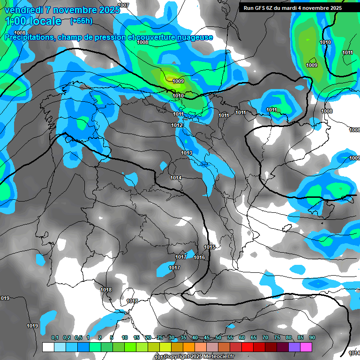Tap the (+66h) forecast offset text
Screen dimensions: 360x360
click(81, 21)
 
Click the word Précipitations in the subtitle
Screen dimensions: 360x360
click(29, 37)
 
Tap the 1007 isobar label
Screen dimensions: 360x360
click(123, 5)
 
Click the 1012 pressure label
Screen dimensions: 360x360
click(177, 125)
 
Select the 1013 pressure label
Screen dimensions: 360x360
click(187, 153)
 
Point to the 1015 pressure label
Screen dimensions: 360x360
click(210, 247)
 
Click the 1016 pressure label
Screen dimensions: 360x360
click(199, 257)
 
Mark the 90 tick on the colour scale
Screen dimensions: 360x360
click(312, 337)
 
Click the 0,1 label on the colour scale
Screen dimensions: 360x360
click(55, 337)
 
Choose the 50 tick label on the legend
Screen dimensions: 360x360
click(218, 337)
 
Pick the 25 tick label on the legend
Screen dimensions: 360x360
click(160, 337)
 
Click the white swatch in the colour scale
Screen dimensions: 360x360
click(48, 347)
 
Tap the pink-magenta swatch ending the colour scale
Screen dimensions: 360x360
click(306, 347)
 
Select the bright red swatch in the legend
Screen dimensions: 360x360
click(247, 347)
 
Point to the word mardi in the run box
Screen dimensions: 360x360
click(289, 8)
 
